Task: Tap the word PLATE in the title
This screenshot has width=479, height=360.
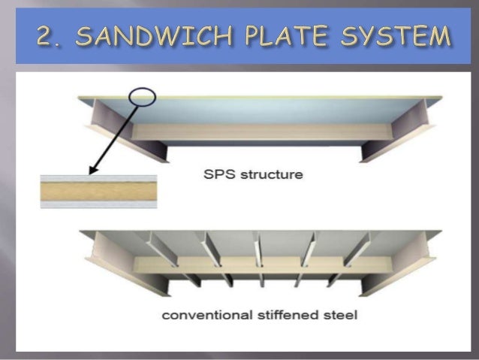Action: tap(289, 36)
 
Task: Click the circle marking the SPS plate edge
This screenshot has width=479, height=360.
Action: tap(143, 97)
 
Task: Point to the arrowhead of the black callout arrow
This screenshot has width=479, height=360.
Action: tap(89, 172)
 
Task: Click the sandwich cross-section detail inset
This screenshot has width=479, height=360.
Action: tap(98, 192)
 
